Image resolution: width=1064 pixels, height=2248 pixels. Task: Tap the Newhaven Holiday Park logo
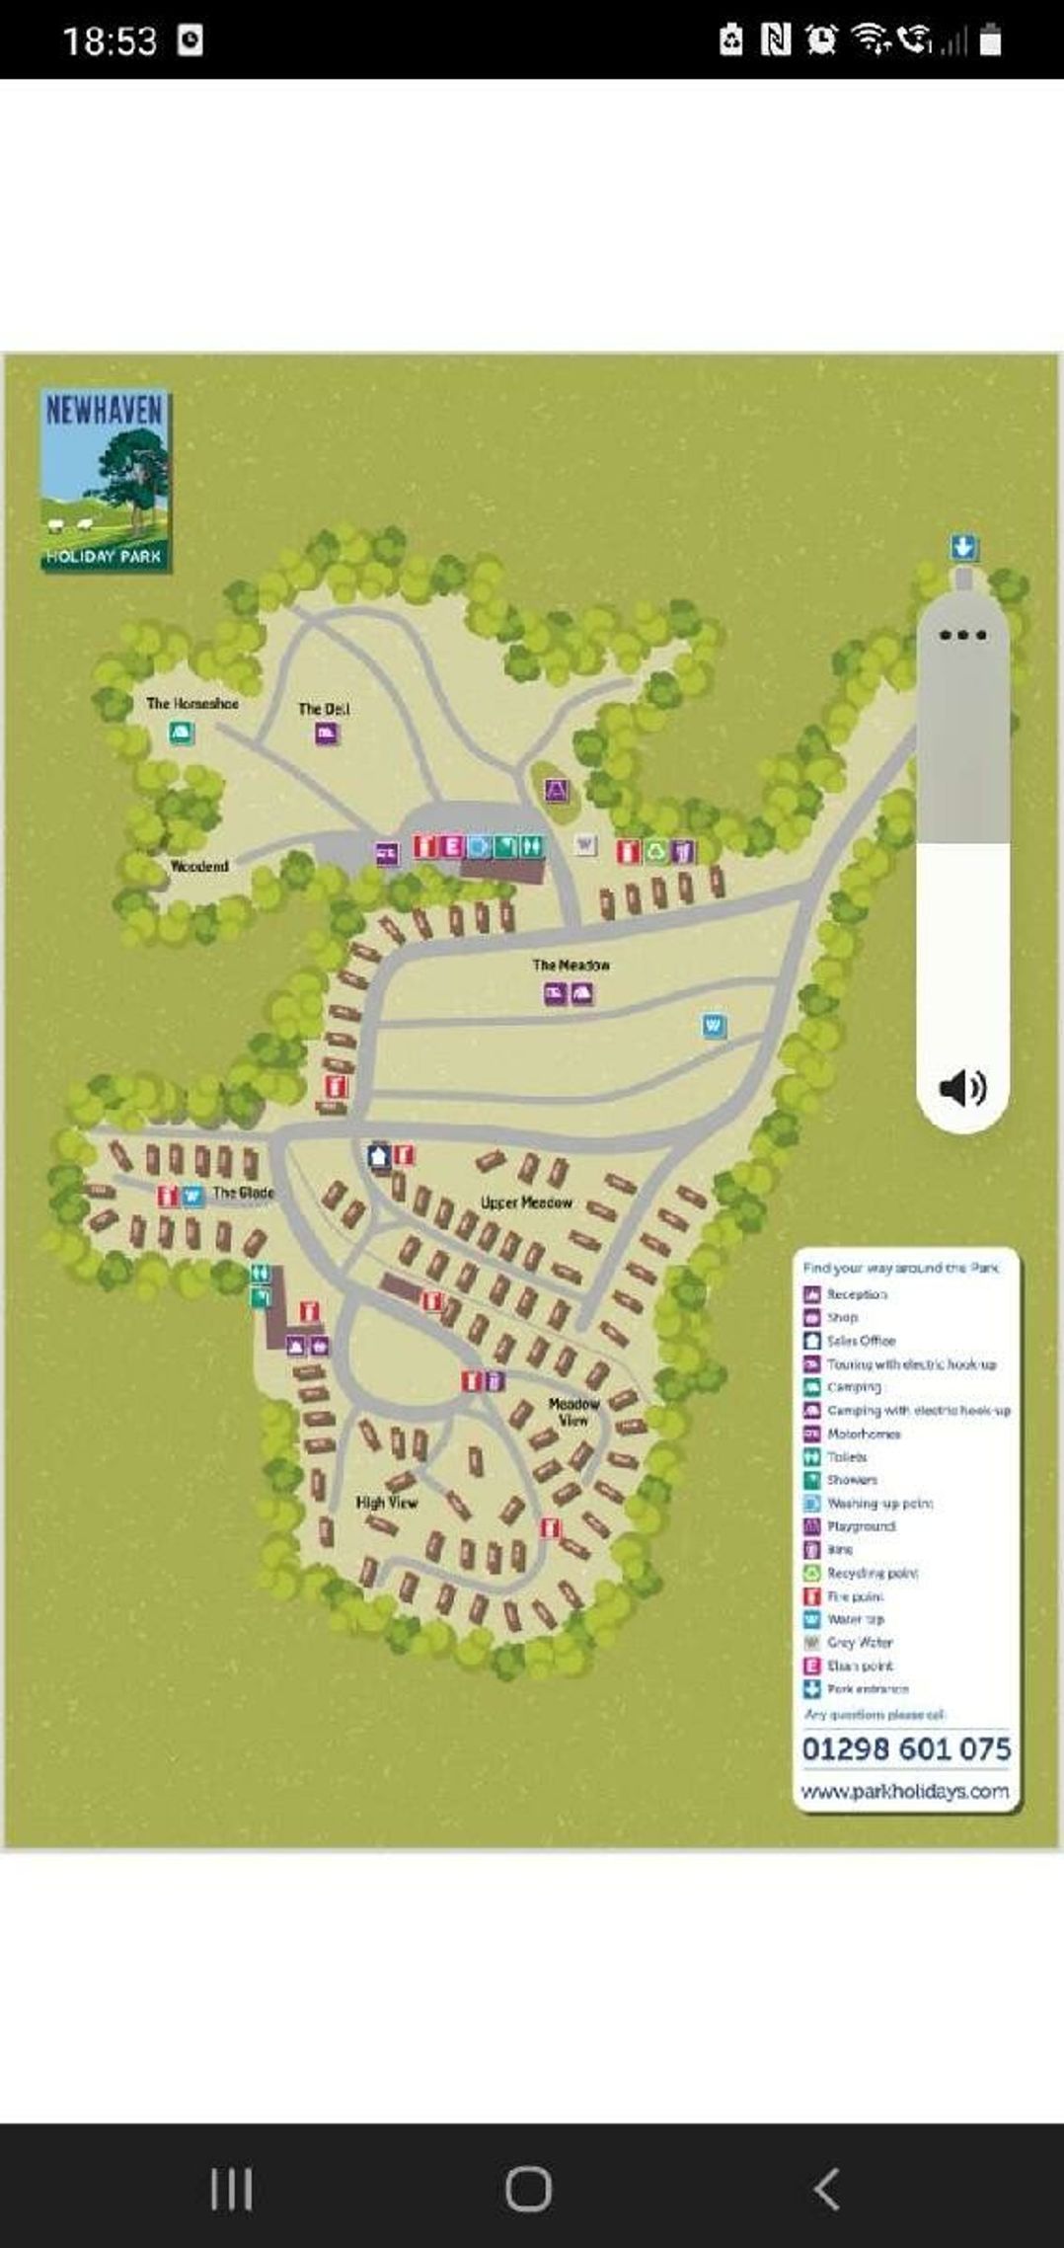(105, 480)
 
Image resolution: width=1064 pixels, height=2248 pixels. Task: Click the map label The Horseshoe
(192, 703)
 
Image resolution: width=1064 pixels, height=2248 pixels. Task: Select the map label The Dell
(324, 708)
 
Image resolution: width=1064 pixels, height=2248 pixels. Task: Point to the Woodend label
(199, 866)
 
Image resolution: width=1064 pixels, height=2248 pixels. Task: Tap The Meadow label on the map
(571, 965)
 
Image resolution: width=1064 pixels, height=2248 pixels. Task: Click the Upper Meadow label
(526, 1202)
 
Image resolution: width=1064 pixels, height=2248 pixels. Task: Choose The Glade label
(244, 1193)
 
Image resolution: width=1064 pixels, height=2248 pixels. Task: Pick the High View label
(387, 1502)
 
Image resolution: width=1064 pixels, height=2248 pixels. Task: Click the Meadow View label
(573, 1411)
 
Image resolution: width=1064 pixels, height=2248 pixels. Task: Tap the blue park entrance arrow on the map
(963, 547)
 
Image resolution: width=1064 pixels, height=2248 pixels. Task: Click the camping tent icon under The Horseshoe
(181, 733)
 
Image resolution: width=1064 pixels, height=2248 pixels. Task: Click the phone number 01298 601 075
(906, 1748)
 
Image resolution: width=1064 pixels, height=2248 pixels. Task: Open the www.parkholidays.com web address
(905, 1791)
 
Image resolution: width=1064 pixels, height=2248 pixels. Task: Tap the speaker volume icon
(962, 1087)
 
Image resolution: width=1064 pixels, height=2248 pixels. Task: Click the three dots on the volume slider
(962, 635)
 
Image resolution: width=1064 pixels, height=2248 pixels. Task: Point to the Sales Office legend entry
(861, 1340)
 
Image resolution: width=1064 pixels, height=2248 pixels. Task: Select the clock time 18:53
(110, 40)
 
